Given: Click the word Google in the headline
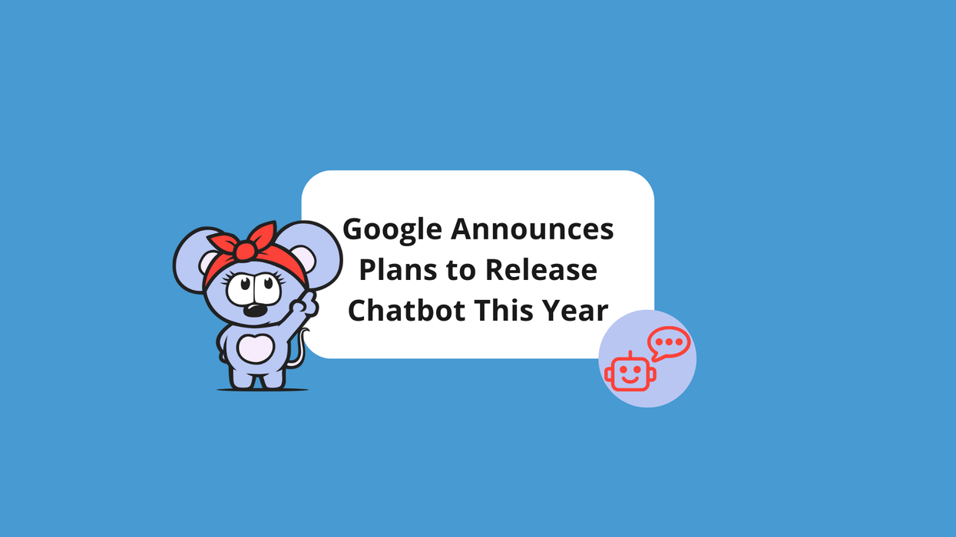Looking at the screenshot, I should click(392, 229).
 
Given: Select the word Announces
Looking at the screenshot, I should click(532, 229).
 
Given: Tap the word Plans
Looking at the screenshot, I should click(398, 270).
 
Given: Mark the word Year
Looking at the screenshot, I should click(575, 311).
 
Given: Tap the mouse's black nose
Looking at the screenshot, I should click(256, 311).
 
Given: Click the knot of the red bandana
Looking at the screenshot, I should click(244, 251).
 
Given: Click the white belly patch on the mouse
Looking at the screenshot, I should click(256, 348).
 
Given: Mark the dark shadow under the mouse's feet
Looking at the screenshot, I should click(262, 390).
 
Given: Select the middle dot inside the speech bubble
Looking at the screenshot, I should click(668, 341).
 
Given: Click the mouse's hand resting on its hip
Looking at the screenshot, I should click(223, 337).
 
